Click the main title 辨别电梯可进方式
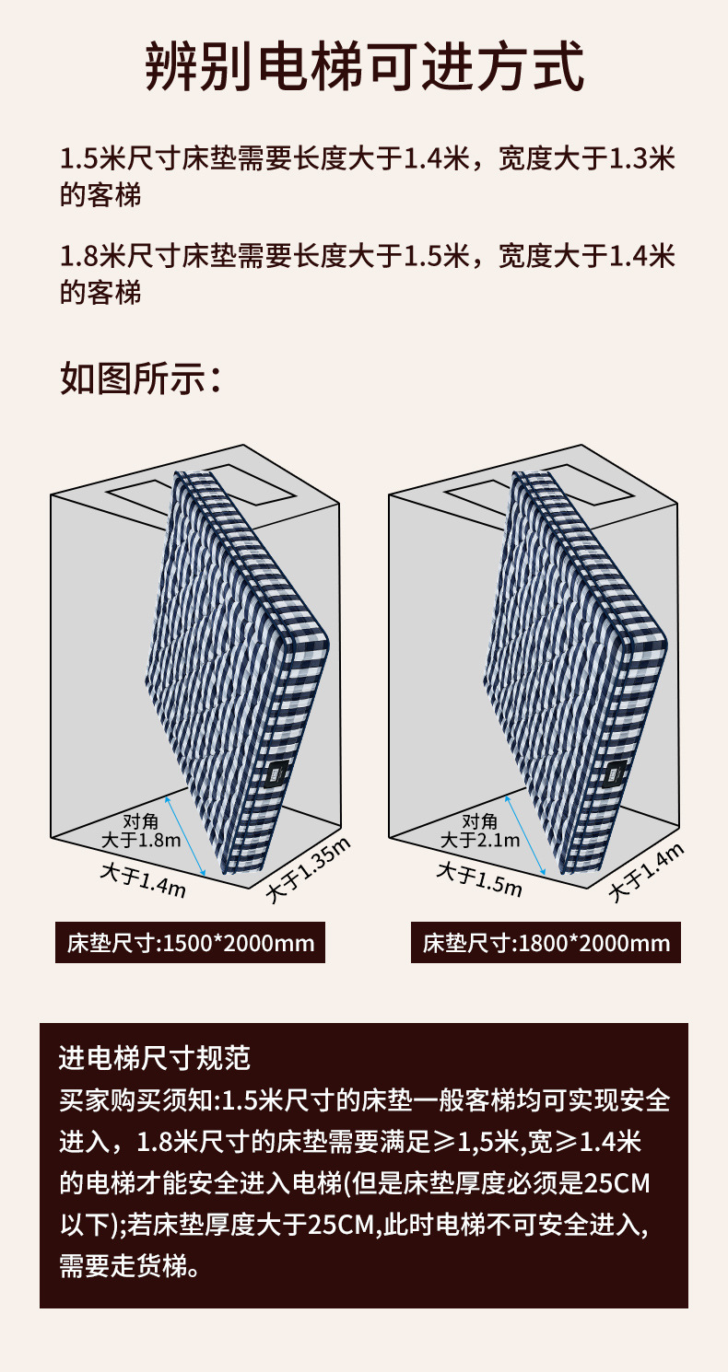pyautogui.click(x=365, y=65)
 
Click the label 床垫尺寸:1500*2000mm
pyautogui.click(x=191, y=943)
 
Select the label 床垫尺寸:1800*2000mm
pyautogui.click(x=546, y=943)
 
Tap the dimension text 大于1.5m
pyautogui.click(x=480, y=879)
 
